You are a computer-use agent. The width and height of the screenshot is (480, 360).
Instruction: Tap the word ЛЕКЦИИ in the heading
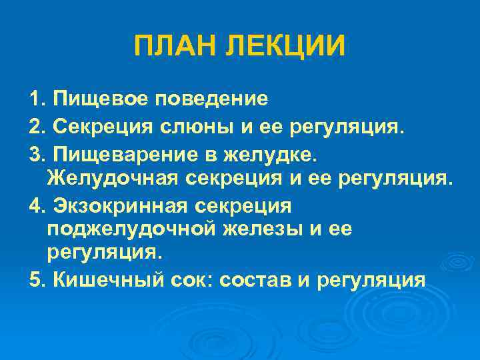287,46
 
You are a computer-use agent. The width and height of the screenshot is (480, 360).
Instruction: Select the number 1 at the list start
35,99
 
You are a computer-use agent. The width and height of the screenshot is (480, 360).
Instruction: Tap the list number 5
35,279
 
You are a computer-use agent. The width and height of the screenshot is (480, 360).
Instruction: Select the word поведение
212,99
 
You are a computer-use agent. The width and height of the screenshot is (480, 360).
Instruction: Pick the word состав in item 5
256,279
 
